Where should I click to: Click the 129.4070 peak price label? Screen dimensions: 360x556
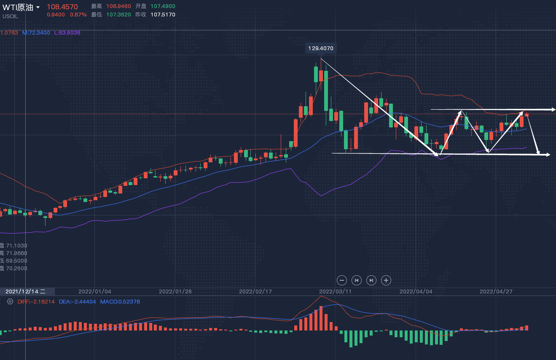click(321, 48)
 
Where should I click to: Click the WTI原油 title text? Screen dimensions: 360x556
click(18, 7)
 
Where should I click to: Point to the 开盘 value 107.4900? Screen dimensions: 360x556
click(163, 6)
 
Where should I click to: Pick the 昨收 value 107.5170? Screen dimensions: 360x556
click(163, 15)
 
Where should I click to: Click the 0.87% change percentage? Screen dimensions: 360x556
click(78, 15)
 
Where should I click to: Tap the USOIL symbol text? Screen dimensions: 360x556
click(10, 16)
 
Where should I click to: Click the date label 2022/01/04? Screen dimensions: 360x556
click(95, 291)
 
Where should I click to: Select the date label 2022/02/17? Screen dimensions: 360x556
click(255, 291)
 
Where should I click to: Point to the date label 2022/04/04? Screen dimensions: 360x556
click(416, 291)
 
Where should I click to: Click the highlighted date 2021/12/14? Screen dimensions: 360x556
click(25, 291)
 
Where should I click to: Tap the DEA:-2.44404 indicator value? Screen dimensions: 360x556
click(77, 302)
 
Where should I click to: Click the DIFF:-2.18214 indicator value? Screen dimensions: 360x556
click(36, 302)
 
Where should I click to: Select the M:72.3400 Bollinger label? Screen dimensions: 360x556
click(36, 33)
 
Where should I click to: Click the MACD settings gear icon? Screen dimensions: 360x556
click(10, 302)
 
